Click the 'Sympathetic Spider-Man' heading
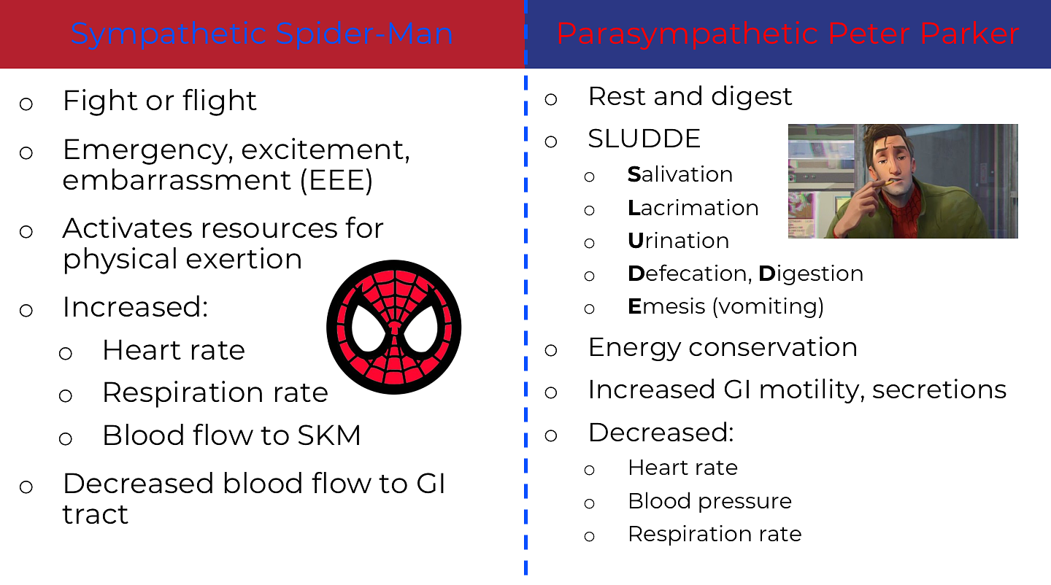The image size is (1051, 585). (x=262, y=34)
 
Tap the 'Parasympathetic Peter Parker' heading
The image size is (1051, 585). (x=788, y=34)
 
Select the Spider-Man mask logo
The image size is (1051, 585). (x=393, y=328)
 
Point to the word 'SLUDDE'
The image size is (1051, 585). (x=644, y=139)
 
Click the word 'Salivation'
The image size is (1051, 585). (x=680, y=174)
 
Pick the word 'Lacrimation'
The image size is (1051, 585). (x=693, y=208)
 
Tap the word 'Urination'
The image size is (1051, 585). (x=679, y=241)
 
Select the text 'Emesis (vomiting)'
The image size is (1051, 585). (x=725, y=307)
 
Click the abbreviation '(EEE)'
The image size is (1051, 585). (x=336, y=180)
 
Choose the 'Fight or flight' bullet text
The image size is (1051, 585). (x=160, y=101)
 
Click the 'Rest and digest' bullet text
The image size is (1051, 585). (x=690, y=97)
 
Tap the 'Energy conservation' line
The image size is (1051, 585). (x=723, y=347)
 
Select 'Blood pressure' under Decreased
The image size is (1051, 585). (x=710, y=502)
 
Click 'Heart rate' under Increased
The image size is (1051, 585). (x=174, y=350)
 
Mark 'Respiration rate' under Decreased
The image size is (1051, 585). (x=715, y=535)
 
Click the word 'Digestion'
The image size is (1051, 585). (x=811, y=274)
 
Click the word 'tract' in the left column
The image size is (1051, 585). (x=95, y=515)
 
